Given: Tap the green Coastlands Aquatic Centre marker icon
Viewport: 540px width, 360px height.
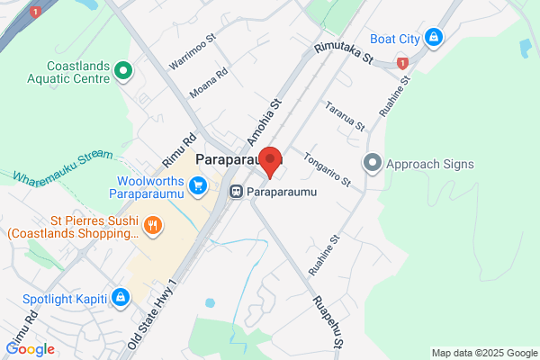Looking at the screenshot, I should [x=125, y=70].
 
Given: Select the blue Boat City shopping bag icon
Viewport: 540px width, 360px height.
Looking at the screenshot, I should [x=434, y=37].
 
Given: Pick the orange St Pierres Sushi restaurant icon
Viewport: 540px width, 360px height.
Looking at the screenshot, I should [x=153, y=224].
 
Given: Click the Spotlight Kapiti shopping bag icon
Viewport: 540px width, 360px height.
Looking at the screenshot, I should [x=120, y=298].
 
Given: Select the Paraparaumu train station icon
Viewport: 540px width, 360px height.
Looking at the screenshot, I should [x=236, y=192].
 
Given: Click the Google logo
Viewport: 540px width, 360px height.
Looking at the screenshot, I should [x=31, y=349].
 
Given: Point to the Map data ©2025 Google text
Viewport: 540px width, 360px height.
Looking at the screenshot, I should [x=483, y=352].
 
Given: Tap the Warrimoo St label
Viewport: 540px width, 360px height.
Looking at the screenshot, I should [x=193, y=52].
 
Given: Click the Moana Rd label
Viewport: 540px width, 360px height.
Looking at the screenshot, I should [x=209, y=84].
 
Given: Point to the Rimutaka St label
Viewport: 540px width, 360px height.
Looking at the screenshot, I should [x=342, y=54].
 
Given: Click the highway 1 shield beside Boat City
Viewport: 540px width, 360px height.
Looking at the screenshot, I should [x=402, y=63].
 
